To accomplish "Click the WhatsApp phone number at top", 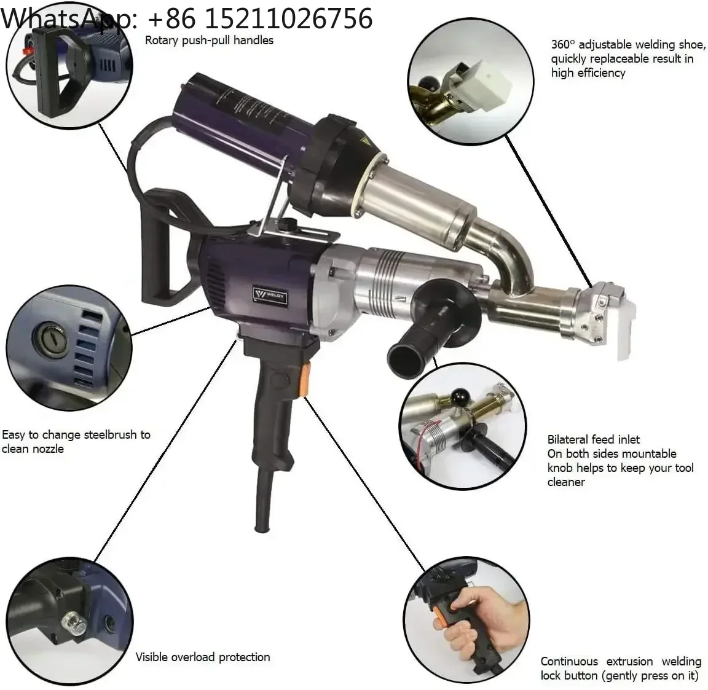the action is click(259, 18).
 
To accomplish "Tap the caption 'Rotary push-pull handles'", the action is click(209, 40).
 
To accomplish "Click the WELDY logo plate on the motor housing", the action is click(270, 297).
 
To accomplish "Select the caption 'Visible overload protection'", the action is click(203, 657).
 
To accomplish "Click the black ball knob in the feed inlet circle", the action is click(460, 396).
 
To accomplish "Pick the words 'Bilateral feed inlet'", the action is click(593, 439).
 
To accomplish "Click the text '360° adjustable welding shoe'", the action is click(627, 44).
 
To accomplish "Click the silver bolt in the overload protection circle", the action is click(74, 622).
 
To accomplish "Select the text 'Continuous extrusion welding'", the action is click(621, 662).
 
